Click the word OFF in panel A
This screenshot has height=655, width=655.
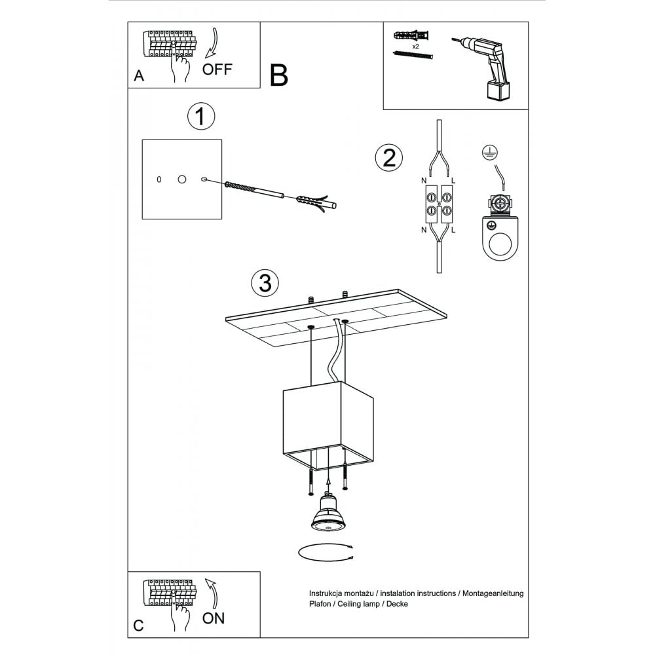tap(217, 69)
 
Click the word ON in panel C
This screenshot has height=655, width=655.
tap(213, 618)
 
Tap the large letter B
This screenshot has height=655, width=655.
tap(278, 76)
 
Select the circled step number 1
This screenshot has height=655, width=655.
tap(201, 117)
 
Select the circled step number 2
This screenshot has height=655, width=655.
tap(388, 158)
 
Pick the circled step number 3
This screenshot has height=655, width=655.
tap(265, 283)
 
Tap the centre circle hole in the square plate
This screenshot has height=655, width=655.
tap(182, 179)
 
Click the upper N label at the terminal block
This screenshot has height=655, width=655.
tap(424, 179)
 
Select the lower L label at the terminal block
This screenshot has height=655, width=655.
tap(453, 230)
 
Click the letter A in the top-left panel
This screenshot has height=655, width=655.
tap(139, 76)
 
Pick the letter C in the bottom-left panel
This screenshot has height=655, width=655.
tap(138, 626)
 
